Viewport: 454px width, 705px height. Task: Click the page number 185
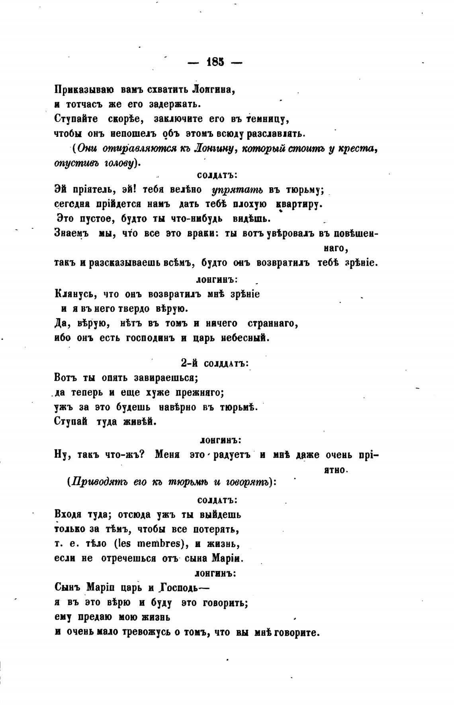tap(215, 62)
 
